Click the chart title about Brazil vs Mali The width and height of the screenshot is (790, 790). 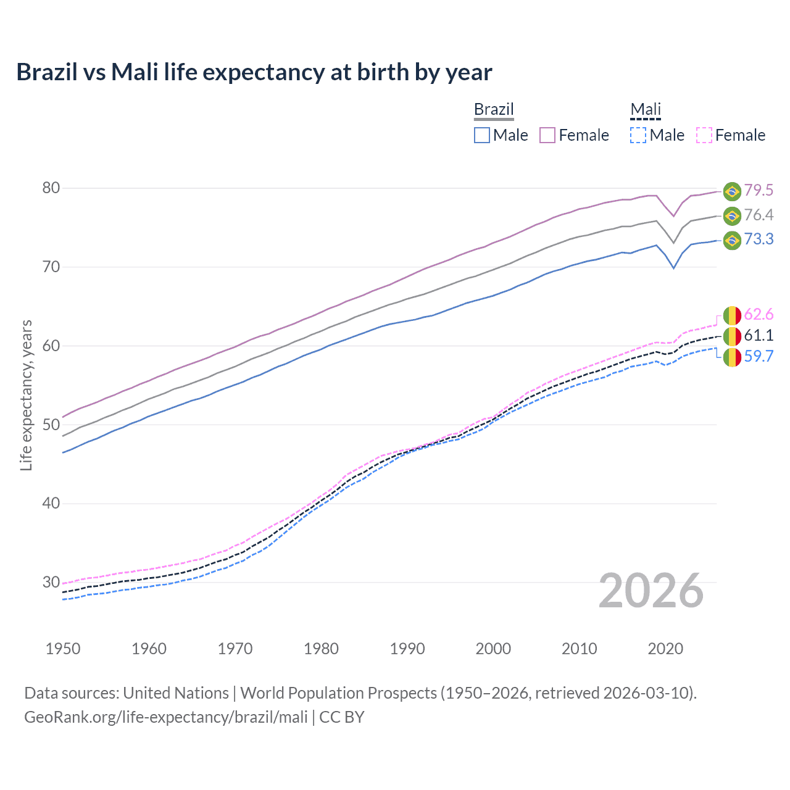click(254, 72)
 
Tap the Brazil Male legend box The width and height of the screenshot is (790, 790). click(482, 135)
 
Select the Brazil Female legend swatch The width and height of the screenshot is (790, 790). click(547, 135)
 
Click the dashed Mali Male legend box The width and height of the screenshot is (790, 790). click(638, 135)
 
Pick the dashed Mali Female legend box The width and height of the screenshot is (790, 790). click(704, 135)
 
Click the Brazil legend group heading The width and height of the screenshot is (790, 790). click(494, 109)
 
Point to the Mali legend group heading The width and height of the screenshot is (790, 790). click(646, 109)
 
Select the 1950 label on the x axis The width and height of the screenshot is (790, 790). click(63, 649)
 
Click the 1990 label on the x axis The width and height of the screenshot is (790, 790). click(407, 649)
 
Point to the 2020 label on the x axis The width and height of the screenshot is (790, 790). click(665, 649)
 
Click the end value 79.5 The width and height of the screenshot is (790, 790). click(759, 191)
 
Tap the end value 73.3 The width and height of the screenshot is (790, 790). click(759, 239)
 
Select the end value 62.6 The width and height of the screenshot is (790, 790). click(759, 315)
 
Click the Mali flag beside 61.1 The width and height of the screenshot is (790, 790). click(732, 336)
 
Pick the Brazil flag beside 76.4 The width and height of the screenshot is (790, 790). click(732, 215)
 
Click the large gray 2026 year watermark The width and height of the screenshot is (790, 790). click(651, 591)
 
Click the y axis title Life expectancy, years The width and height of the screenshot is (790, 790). click(26, 395)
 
